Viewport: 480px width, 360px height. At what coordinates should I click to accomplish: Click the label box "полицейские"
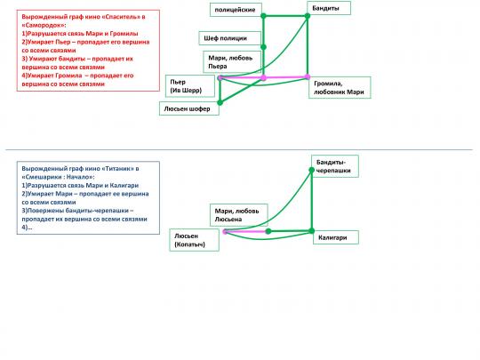point(236,10)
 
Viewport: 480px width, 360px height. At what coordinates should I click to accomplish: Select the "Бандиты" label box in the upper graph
point(329,8)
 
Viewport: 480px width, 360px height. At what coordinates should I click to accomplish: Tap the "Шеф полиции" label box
point(230,38)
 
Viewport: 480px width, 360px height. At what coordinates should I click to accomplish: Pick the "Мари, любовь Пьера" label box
point(232,62)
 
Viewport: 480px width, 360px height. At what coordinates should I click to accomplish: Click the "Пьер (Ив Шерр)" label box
point(190,86)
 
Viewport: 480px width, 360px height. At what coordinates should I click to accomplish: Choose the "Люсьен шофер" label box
point(189,108)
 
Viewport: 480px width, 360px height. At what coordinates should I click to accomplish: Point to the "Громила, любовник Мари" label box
point(340,87)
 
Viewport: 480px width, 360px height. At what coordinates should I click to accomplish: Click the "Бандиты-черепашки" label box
point(335,166)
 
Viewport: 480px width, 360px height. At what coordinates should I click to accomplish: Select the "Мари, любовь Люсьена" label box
point(239,215)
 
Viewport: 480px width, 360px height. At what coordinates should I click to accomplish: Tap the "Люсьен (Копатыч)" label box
point(194,240)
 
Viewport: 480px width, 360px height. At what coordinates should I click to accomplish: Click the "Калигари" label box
point(336,237)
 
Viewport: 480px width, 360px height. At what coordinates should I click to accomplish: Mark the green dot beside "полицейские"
point(264,16)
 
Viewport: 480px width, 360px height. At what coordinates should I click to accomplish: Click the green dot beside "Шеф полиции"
point(264,47)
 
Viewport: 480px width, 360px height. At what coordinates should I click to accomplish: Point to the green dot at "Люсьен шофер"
point(220,102)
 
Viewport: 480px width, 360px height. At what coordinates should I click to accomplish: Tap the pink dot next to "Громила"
point(308,77)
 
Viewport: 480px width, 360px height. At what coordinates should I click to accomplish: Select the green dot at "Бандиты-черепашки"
point(311,170)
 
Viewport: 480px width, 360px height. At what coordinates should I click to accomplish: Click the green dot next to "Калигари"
point(311,231)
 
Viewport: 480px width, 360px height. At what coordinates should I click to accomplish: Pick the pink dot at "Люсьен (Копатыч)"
point(225,232)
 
